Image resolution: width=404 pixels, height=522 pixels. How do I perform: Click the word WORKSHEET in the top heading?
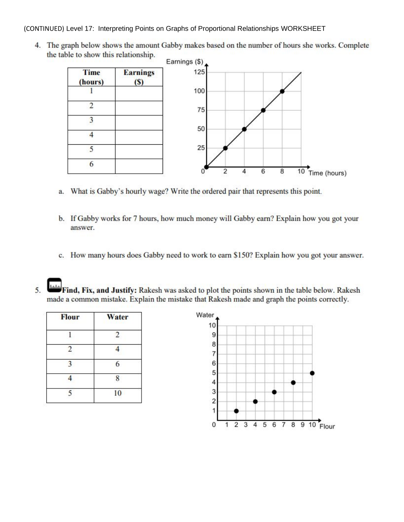tap(303, 28)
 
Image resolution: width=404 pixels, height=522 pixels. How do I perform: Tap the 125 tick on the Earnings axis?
tap(199, 72)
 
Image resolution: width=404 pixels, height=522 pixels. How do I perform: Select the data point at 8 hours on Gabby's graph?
tap(282, 91)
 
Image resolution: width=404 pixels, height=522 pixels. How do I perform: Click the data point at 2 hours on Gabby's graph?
tap(225, 148)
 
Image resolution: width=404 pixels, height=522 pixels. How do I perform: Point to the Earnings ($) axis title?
tap(184, 62)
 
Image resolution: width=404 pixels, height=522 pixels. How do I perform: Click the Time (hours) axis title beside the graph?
tap(327, 173)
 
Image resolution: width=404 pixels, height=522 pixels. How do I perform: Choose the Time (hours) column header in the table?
tap(91, 77)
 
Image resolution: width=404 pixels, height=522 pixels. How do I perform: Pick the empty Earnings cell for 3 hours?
tap(139, 123)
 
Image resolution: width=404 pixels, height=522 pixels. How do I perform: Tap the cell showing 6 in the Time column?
tap(91, 164)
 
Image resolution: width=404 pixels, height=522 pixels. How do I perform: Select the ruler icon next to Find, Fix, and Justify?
tap(54, 285)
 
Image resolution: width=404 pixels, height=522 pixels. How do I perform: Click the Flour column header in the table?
tap(70, 317)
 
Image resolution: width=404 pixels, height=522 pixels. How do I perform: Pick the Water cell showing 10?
tap(118, 393)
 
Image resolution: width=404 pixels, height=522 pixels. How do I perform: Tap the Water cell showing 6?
tap(118, 364)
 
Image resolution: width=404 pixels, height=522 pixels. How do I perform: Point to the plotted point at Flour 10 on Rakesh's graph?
tap(312, 373)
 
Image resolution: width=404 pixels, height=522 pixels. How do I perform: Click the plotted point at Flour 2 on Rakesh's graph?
tap(236, 411)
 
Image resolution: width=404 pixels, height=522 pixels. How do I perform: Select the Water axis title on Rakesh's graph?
tap(205, 315)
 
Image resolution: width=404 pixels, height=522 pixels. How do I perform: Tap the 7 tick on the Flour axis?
tap(284, 425)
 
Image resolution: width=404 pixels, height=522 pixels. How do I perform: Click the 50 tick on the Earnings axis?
tap(201, 129)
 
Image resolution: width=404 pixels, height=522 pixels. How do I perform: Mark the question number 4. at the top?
tap(38, 45)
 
